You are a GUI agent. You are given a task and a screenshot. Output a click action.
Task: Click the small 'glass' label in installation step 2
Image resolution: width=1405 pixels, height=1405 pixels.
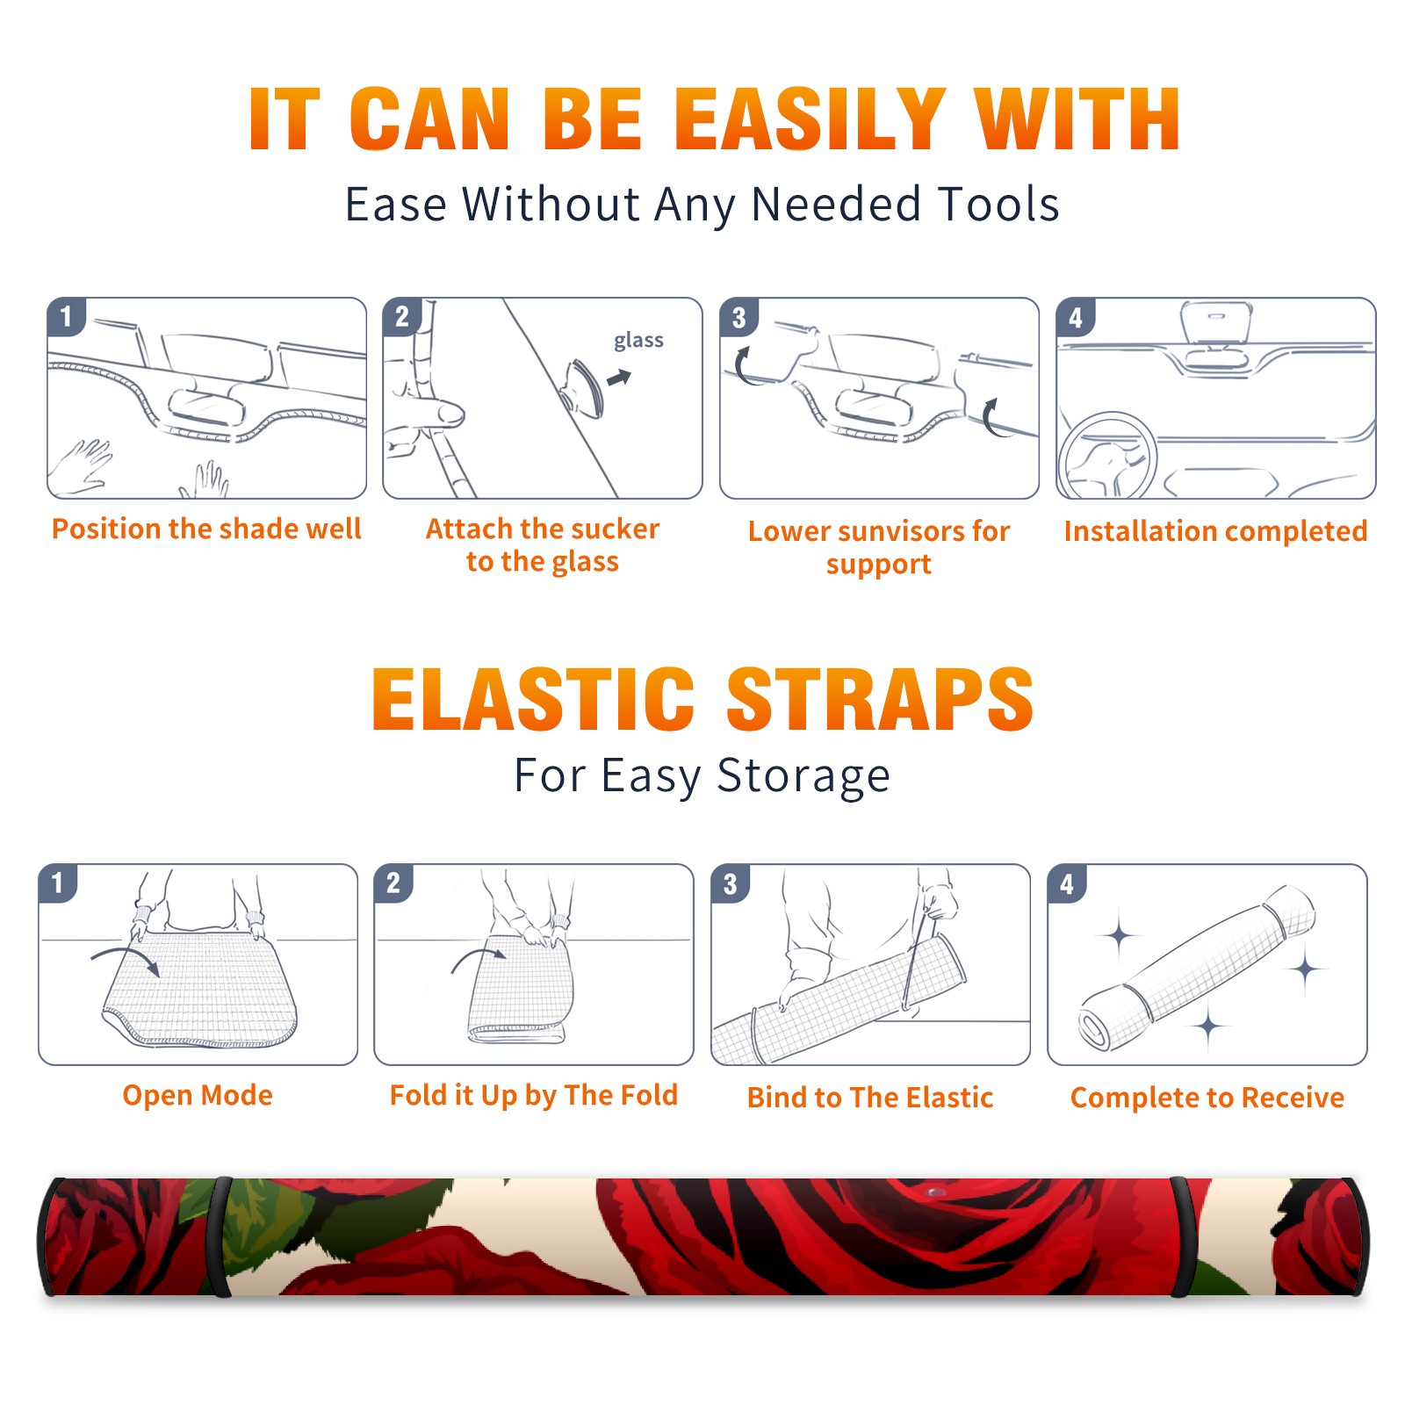(x=638, y=341)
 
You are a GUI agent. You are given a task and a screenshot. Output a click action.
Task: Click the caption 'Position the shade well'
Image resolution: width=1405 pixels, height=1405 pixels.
(x=206, y=529)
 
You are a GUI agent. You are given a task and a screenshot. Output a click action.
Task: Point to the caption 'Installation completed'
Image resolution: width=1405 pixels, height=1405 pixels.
(x=1215, y=530)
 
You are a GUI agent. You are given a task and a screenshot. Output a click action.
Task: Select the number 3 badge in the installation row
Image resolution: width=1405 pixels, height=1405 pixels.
(x=739, y=318)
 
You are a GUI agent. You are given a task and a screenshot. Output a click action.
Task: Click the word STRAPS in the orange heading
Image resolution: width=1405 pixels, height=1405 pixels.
(x=880, y=699)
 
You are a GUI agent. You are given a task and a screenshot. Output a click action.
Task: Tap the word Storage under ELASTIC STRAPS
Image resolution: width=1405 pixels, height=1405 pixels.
(x=803, y=776)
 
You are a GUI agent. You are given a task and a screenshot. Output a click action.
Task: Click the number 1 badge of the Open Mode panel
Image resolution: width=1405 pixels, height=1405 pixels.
(x=58, y=883)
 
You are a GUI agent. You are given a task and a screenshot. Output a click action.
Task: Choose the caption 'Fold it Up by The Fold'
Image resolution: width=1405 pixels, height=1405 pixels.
(x=534, y=1095)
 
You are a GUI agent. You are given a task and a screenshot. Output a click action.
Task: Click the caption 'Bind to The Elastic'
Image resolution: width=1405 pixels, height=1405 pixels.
(x=870, y=1098)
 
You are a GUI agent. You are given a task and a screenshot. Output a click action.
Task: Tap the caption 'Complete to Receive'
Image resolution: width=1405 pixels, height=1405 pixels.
(x=1207, y=1098)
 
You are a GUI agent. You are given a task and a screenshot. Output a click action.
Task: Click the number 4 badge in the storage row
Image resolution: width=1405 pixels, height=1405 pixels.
(x=1067, y=883)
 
